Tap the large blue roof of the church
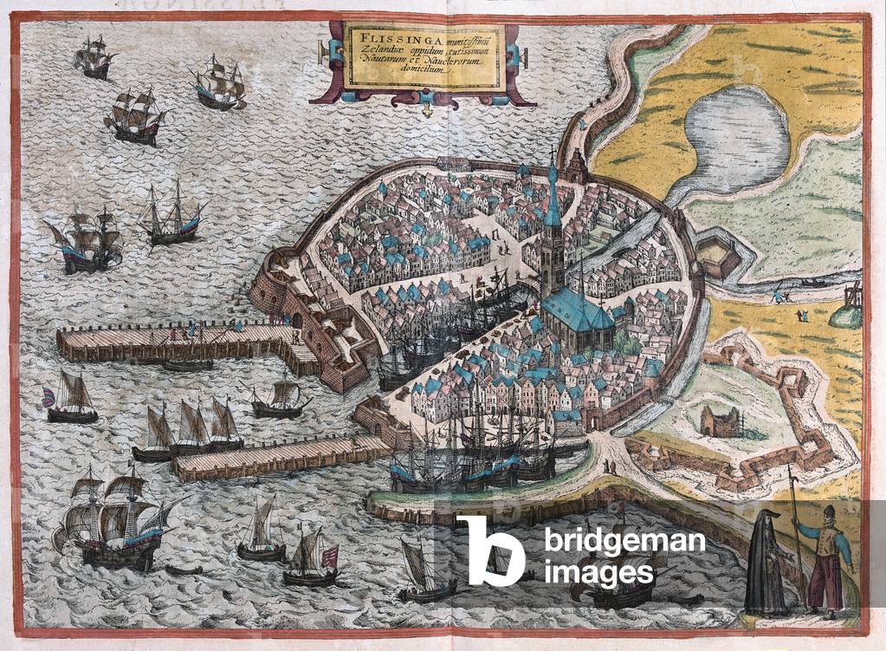576,309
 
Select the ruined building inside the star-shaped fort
721,421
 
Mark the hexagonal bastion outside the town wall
718,255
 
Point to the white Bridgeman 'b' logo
490,550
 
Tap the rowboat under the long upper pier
186,366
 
